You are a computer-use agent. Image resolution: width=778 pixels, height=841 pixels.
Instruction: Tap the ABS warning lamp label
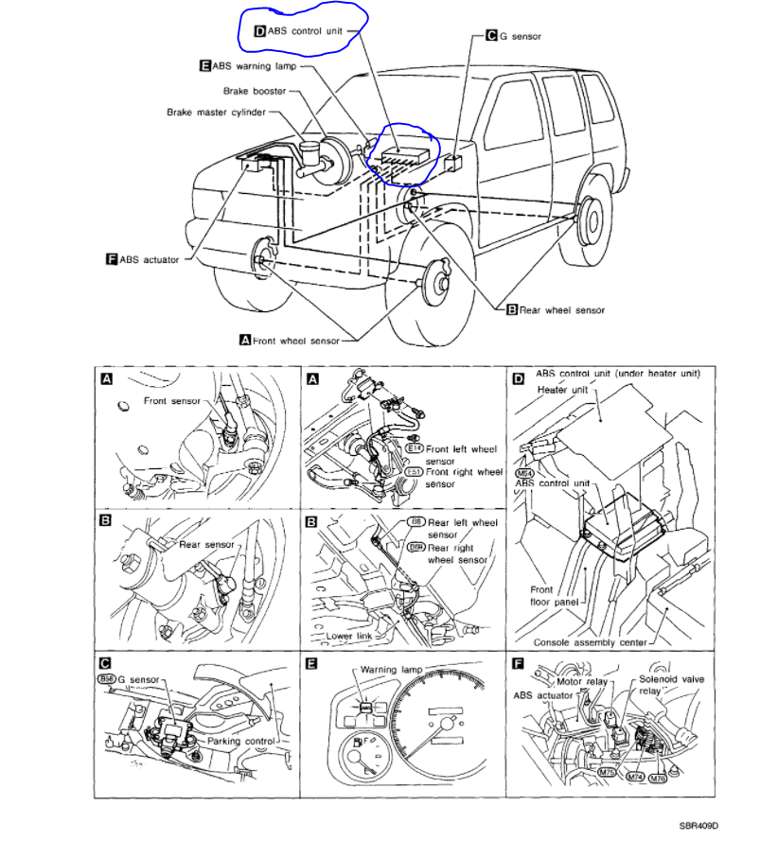(254, 66)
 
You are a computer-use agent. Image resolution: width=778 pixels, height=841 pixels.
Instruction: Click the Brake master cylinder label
(216, 112)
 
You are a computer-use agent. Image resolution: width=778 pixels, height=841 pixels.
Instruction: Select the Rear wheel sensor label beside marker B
(561, 309)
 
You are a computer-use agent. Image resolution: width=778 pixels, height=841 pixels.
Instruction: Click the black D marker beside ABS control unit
(260, 30)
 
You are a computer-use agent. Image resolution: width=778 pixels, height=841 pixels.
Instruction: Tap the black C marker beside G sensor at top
(491, 36)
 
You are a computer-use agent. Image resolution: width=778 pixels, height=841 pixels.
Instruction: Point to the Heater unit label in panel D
(563, 388)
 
